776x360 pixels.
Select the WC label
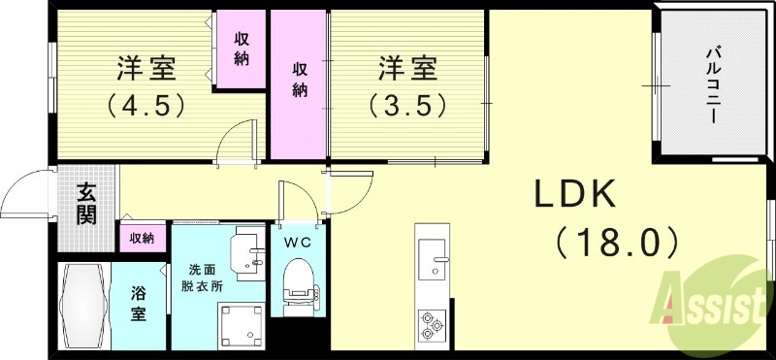297,243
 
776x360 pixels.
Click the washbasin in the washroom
250,254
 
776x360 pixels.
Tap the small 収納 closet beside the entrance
142,238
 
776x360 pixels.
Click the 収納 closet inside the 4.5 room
242,47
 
